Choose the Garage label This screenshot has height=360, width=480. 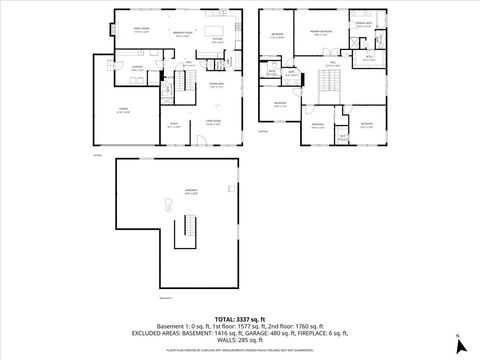122,112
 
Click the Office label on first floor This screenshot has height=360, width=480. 173,126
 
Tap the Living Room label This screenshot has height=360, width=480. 213,123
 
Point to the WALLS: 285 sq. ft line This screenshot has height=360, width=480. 239,340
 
